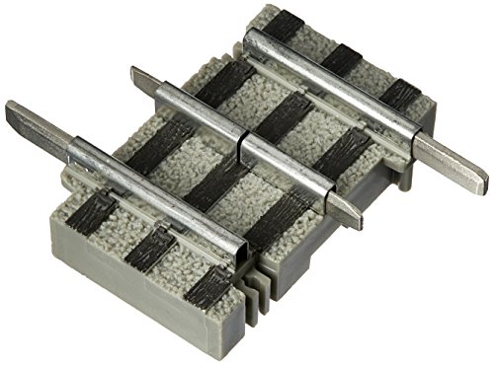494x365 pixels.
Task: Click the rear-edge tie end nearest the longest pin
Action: [x=400, y=93]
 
